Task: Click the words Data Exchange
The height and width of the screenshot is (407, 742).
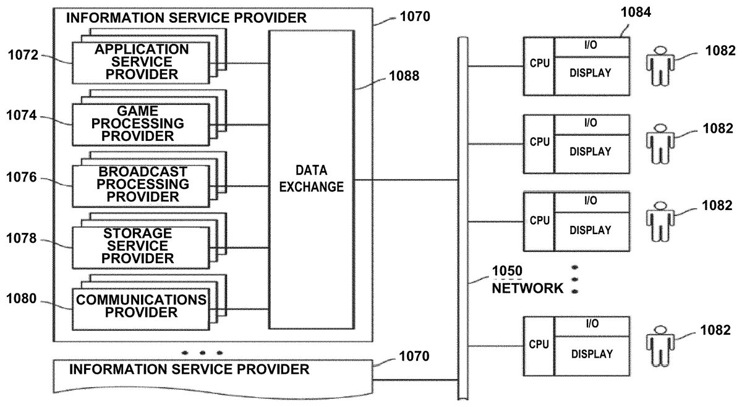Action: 311,179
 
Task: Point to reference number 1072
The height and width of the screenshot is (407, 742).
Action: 23,56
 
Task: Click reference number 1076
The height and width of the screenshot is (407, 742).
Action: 23,178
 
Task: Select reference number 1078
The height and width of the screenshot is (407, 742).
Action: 23,238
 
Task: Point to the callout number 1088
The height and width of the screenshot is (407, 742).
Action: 404,77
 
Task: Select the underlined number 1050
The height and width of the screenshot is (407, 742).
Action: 507,271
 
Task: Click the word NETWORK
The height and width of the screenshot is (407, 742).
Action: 527,288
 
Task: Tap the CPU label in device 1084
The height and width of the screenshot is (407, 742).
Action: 539,64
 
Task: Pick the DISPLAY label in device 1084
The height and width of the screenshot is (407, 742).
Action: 591,73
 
